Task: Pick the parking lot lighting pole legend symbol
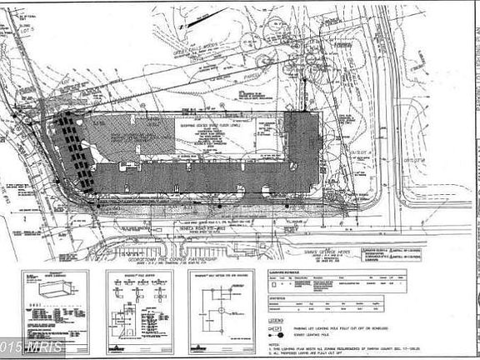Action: point(276,327)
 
